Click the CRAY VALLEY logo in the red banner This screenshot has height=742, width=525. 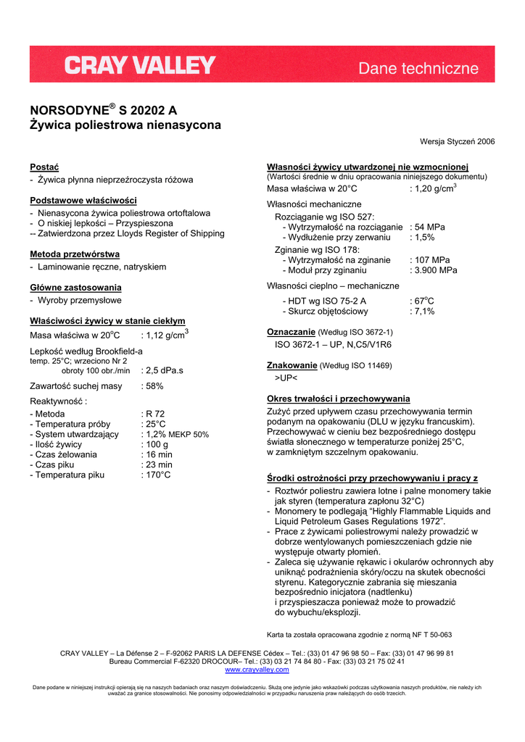coord(140,66)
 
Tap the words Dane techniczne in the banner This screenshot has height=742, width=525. coord(418,69)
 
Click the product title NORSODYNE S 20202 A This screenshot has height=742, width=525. coord(103,111)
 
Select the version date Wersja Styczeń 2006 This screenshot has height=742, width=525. coord(457,142)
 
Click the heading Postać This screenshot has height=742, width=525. coord(44,167)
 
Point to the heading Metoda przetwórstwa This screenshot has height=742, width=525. coord(75,254)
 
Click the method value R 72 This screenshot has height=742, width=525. coord(155,414)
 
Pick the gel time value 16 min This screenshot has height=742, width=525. coord(159,454)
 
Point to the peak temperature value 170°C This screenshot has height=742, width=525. coord(159,475)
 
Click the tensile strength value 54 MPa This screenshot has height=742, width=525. coord(429,227)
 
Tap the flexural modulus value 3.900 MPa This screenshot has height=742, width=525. coord(436,270)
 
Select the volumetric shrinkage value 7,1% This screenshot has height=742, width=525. coord(424,312)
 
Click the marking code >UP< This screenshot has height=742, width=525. coord(286,378)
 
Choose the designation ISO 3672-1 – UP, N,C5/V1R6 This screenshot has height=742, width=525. coord(333,345)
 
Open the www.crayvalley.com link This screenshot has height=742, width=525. coord(257,670)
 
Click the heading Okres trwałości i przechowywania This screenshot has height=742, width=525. coord(339,399)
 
